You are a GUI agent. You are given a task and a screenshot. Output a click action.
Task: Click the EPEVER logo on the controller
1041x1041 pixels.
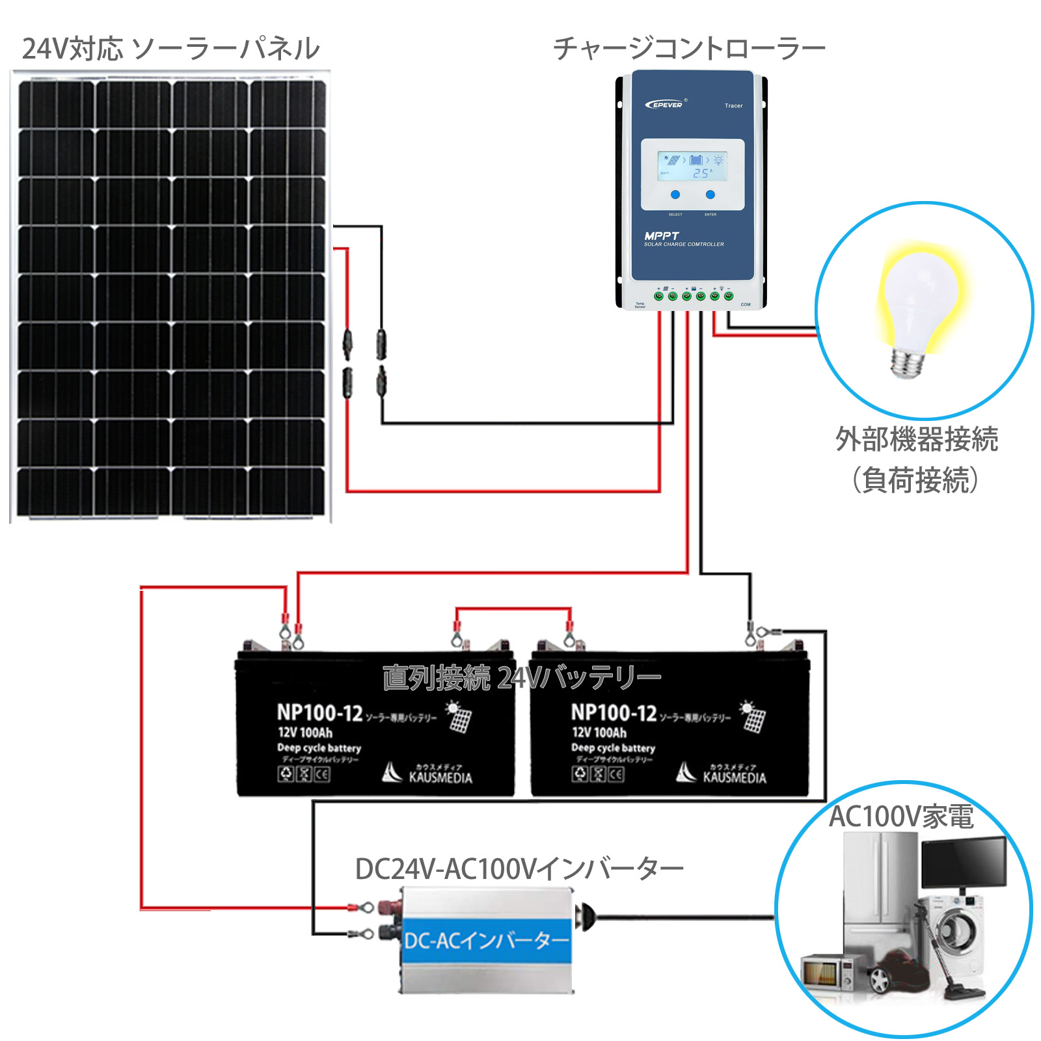tap(665, 104)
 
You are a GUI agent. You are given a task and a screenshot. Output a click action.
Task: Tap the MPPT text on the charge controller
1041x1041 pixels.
tap(661, 236)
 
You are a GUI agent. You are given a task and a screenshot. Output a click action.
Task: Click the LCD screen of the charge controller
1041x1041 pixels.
tap(692, 167)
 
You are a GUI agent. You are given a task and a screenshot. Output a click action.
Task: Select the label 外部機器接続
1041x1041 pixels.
tap(916, 439)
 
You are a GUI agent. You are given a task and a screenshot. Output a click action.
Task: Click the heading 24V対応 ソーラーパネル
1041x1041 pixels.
tap(170, 49)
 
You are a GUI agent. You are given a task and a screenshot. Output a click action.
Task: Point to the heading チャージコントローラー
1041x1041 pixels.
tap(689, 49)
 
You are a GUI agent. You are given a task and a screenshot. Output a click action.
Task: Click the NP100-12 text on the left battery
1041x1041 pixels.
tap(319, 713)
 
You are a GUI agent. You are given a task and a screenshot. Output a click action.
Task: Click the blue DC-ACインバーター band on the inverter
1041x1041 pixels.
tap(487, 940)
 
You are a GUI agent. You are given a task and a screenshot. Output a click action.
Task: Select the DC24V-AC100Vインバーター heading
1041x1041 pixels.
tap(519, 869)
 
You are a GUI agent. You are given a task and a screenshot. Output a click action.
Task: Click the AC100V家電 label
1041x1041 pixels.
tap(900, 817)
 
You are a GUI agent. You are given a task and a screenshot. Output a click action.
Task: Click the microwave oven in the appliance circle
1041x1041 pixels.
tap(826, 972)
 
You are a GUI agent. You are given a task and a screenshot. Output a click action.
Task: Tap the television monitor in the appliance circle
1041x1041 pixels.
tap(964, 862)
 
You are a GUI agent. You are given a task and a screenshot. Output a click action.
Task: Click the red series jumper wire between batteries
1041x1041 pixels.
tap(513, 609)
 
